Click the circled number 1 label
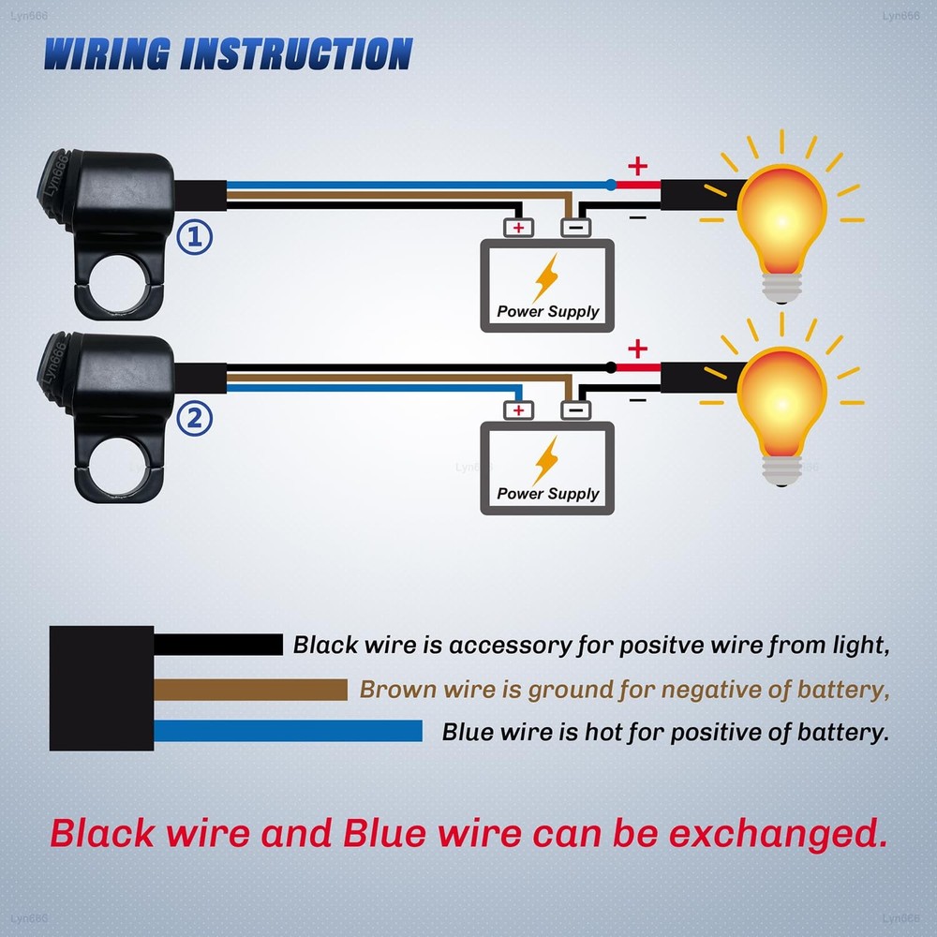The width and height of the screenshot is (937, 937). (195, 237)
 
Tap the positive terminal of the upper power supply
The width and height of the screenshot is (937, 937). (519, 227)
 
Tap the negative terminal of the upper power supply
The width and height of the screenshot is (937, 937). (575, 227)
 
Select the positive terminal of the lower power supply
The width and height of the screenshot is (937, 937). (519, 409)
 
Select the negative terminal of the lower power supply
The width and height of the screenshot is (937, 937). (575, 409)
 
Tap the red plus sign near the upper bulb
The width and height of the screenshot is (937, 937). (637, 168)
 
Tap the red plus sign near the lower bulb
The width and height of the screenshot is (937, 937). (637, 350)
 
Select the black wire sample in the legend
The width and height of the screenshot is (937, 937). (217, 645)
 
